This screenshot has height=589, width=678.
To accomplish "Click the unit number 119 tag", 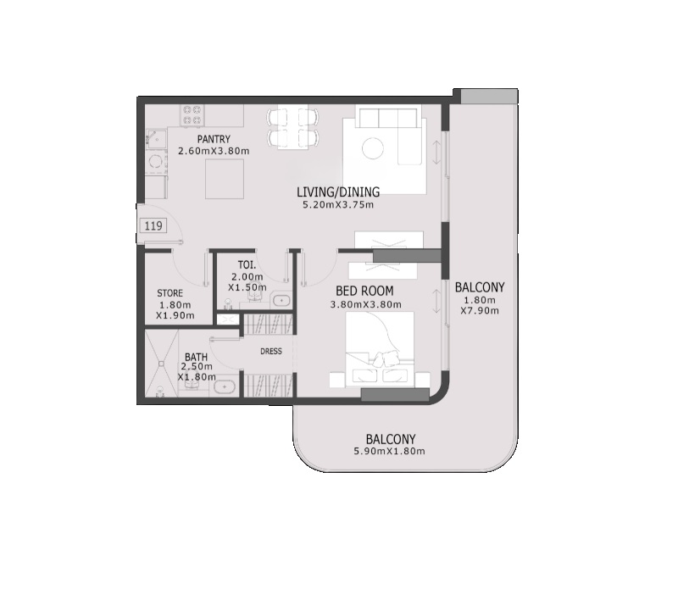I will coord(153,225).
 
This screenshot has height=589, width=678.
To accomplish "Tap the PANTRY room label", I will coord(214,140).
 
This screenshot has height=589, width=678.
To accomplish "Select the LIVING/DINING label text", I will coord(337,192).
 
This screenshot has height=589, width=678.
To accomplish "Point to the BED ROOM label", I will coord(365,291).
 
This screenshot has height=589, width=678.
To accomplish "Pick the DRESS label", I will coord(270,351).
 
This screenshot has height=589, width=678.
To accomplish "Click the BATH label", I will coord(195,358).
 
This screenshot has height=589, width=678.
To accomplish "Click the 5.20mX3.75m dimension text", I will coord(337,204).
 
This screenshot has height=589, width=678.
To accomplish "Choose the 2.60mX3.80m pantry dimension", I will coord(214,152).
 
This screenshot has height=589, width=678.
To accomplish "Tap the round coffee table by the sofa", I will coord(373,149).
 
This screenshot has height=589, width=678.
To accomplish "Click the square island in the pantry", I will coord(226,177).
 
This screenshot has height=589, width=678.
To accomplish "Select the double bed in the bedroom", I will coord(380,352).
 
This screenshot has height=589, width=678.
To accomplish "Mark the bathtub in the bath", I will coord(224,387).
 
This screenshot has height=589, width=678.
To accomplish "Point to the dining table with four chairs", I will coord(293,127).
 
